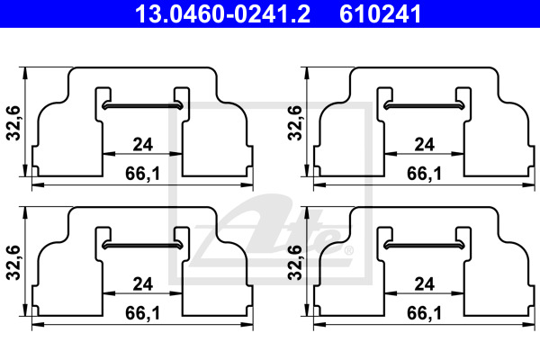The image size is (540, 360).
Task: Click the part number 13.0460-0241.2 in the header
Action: pos(223,13)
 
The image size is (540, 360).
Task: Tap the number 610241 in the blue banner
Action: pos(381,13)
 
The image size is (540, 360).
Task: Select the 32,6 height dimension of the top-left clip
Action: pos(13,123)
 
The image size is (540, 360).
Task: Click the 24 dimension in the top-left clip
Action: pos(142,144)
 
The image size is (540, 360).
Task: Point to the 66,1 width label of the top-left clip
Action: pos(142,174)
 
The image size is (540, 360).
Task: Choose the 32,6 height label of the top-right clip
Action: pos(295,123)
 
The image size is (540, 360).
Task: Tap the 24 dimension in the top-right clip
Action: pos(424,144)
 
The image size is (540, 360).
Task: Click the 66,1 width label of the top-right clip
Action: pos(424,174)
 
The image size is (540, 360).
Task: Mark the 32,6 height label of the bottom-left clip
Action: pos(13,263)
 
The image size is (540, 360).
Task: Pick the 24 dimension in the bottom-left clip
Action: pos(142,284)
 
